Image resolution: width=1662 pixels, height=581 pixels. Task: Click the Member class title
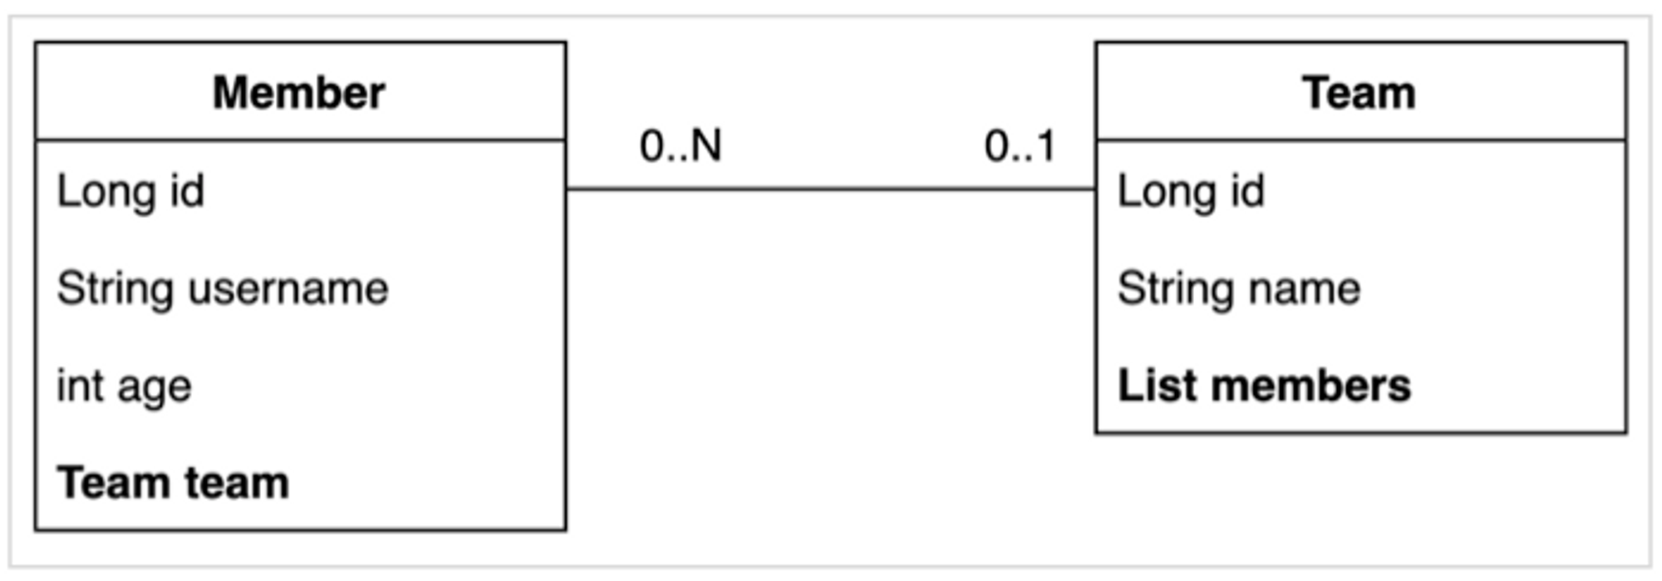[299, 92]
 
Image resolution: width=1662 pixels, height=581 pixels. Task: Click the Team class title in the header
[1359, 92]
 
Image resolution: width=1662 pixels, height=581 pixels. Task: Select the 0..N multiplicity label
[681, 146]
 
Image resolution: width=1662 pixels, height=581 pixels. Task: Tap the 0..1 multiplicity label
[1020, 146]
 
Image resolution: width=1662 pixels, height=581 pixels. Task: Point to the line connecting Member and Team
[831, 190]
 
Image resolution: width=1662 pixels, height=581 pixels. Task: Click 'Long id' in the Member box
[130, 192]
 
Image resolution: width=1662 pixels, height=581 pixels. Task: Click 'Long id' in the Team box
[1191, 192]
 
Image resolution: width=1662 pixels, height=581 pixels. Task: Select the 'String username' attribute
[222, 289]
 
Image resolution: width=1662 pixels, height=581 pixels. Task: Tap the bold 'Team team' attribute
[173, 483]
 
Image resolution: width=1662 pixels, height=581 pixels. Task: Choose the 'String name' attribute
[1238, 289]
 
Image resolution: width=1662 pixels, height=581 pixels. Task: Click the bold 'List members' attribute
[1264, 387]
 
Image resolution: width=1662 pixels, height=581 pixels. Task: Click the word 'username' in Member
[288, 289]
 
